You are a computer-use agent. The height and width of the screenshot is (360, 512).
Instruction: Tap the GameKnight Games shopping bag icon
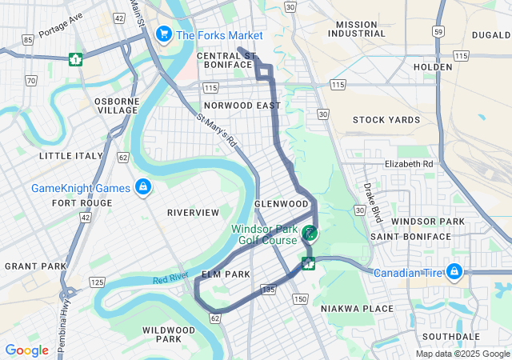pyautogui.click(x=142, y=187)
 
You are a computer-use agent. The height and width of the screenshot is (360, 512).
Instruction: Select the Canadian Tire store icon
pyautogui.click(x=454, y=272)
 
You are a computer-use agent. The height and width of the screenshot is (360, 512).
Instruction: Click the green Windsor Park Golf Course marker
pyautogui.click(x=310, y=234)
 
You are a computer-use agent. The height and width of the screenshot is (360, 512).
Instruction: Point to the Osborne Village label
pyautogui.click(x=117, y=106)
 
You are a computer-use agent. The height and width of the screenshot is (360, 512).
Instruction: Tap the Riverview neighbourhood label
pyautogui.click(x=193, y=213)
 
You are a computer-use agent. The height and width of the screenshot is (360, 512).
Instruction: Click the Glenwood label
pyautogui.click(x=276, y=204)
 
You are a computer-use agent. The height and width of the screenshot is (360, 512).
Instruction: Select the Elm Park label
pyautogui.click(x=226, y=274)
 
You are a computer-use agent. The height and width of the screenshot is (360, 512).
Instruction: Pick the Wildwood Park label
pyautogui.click(x=169, y=334)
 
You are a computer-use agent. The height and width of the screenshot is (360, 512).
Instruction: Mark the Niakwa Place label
pyautogui.click(x=357, y=308)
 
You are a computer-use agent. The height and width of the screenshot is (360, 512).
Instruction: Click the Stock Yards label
pyautogui.click(x=386, y=120)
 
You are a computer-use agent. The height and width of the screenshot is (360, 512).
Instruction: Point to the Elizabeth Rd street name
pyautogui.click(x=408, y=163)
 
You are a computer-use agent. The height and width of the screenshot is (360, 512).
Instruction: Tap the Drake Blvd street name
pyautogui.click(x=373, y=205)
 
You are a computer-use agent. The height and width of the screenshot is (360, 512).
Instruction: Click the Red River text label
pyautogui.click(x=170, y=278)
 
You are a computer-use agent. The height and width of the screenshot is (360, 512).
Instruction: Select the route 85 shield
pyautogui.click(x=28, y=39)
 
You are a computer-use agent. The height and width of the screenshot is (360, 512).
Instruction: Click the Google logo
pyautogui.click(x=26, y=350)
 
